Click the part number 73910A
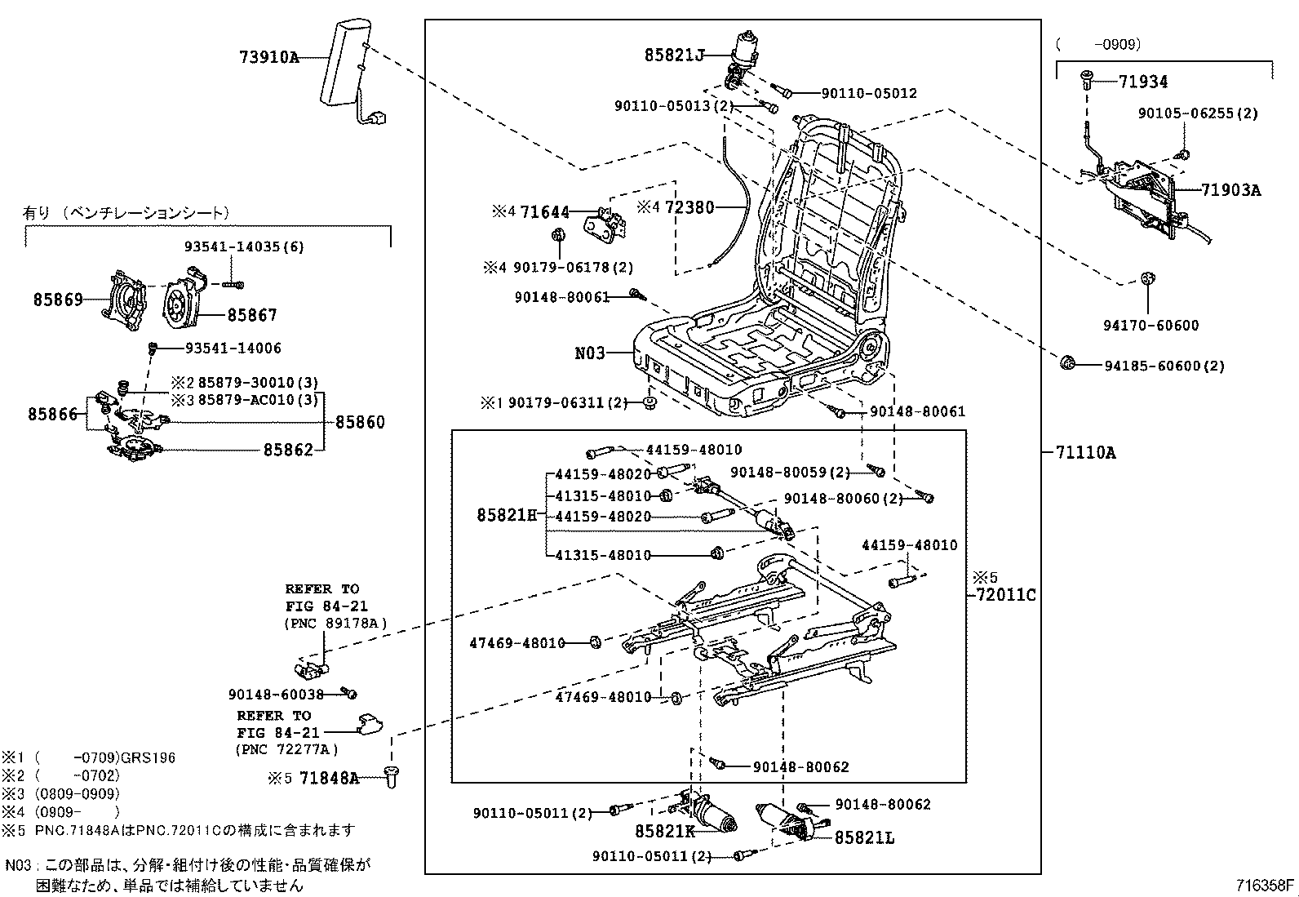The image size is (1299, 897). pos(268,57)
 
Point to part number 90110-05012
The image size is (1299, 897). pos(868,93)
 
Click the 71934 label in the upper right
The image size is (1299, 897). pos(1142,82)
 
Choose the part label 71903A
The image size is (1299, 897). pos(1230,190)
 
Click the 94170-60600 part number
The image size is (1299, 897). pos(1150,326)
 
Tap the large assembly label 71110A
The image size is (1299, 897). pos(1084,452)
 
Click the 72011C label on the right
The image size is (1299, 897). pos(1005,595)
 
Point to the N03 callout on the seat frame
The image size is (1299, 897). pos(590,353)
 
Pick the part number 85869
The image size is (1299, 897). pos(58,300)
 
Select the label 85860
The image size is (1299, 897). pos(360,422)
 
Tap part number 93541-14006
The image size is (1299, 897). pos(233,349)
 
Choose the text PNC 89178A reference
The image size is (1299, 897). pos(335,624)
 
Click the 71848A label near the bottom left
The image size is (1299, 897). pos(329,778)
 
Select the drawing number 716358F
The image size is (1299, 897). pos(1264,885)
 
